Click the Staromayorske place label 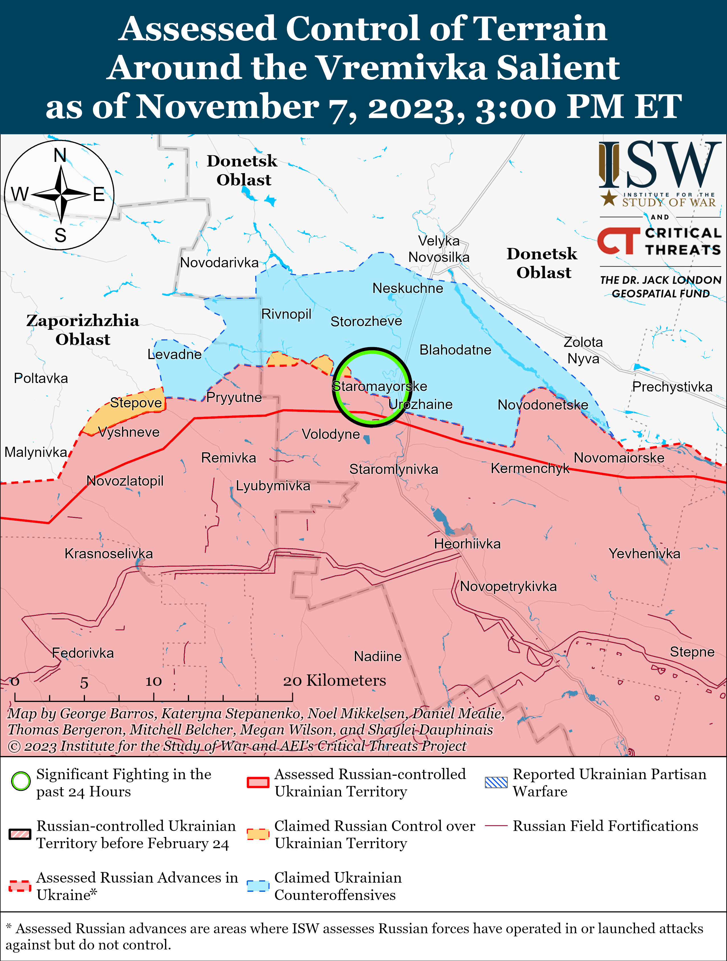pyautogui.click(x=379, y=386)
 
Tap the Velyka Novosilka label pyautogui.click(x=439, y=249)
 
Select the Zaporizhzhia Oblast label pyautogui.click(x=83, y=330)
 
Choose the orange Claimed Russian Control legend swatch pyautogui.click(x=258, y=834)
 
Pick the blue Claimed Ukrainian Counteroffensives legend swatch pyautogui.click(x=258, y=886)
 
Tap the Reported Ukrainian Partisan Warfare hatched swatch pyautogui.click(x=496, y=782)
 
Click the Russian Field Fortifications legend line pyautogui.click(x=496, y=825)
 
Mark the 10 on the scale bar pyautogui.click(x=153, y=682)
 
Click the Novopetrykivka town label pyautogui.click(x=508, y=587)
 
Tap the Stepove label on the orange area pyautogui.click(x=136, y=403)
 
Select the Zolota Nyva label pyautogui.click(x=583, y=350)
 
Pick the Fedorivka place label pyautogui.click(x=83, y=653)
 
